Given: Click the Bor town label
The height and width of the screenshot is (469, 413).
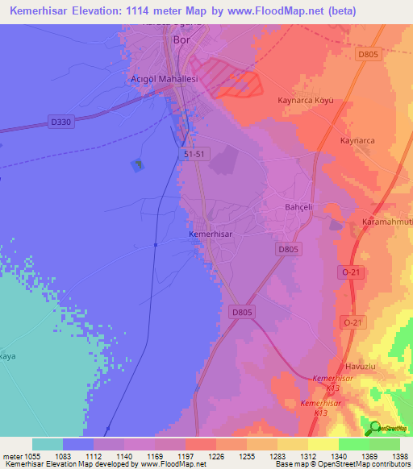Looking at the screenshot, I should (181, 39).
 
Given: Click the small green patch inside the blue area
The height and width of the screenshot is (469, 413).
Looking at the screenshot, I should (138, 164).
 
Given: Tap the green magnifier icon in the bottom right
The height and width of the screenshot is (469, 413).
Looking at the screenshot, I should (375, 427).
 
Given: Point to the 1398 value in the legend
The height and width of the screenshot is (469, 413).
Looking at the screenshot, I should (400, 456).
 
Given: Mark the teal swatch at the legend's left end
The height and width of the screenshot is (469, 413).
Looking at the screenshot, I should (47, 444).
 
